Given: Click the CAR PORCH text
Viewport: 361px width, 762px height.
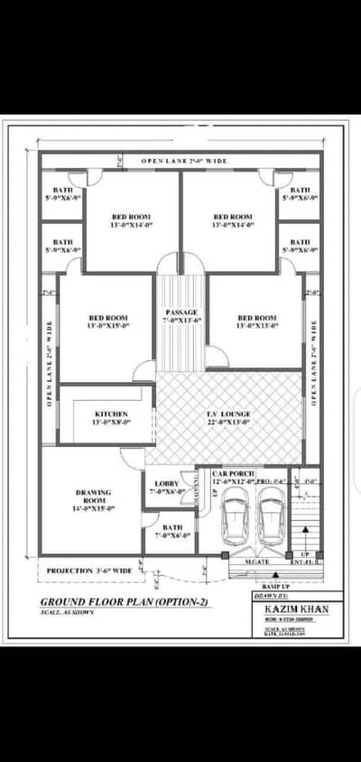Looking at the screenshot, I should pyautogui.click(x=233, y=473).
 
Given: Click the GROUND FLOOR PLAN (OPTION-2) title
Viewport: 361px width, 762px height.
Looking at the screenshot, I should pyautogui.click(x=125, y=601).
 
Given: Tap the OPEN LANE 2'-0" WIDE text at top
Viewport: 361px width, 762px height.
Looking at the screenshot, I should pyautogui.click(x=182, y=162).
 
